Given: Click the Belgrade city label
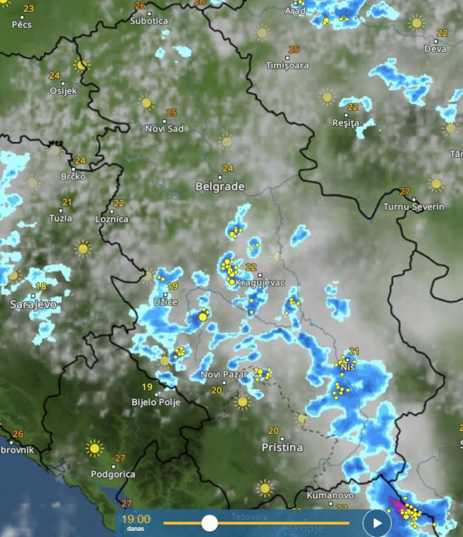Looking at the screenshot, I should tap(220, 186).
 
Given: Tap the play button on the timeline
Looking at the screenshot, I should tap(377, 523).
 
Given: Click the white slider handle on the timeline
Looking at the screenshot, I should tap(209, 523).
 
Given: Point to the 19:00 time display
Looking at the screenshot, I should tap(136, 520).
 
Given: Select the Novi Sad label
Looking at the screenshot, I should tap(164, 129).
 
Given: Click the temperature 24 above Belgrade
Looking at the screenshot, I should tap(227, 169).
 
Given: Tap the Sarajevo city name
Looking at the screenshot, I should tap(33, 305).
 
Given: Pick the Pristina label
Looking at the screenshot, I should tap(282, 447).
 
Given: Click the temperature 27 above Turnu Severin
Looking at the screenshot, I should tap(405, 191).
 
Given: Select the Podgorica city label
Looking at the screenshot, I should tap(113, 474).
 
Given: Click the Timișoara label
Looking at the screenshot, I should tap(288, 65).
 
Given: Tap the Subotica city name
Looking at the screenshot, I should tap(149, 21).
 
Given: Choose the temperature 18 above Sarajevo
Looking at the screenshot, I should tap(41, 287).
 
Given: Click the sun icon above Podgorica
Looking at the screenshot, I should tap(94, 449).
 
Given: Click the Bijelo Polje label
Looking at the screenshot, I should tap(156, 402).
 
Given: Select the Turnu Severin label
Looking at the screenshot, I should tap(414, 207).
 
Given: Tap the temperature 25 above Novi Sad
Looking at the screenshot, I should tap(171, 113).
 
